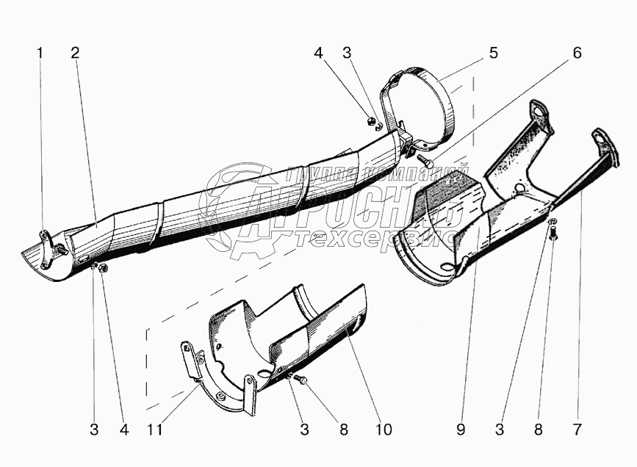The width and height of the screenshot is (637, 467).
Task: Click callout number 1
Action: tap(40, 53)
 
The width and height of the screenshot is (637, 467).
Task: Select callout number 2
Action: tap(75, 53)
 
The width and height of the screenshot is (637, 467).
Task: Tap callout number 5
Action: tap(494, 53)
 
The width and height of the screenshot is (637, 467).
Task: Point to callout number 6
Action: tap(577, 53)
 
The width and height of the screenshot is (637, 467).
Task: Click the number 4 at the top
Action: tap(318, 53)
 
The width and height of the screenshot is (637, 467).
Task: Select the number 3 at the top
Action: tap(346, 53)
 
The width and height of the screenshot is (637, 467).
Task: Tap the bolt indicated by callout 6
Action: tap(424, 156)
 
